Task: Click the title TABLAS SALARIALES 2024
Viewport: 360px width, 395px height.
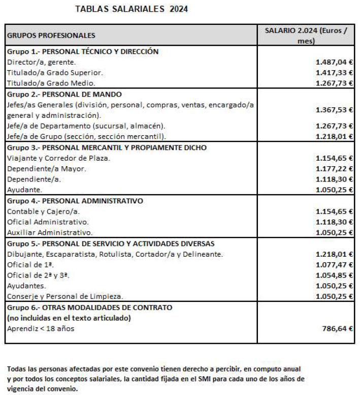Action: pyautogui.click(x=131, y=9)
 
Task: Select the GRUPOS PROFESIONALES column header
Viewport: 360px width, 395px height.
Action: pyautogui.click(x=51, y=36)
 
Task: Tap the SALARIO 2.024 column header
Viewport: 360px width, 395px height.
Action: pyautogui.click(x=306, y=35)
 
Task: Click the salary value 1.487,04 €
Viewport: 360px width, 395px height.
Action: pyautogui.click(x=334, y=62)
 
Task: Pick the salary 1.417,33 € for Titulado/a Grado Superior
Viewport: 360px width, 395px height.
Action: pyautogui.click(x=334, y=72)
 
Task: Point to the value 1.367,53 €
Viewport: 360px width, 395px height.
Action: pyautogui.click(x=334, y=110)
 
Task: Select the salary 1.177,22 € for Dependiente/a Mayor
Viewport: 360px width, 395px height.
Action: pyautogui.click(x=334, y=168)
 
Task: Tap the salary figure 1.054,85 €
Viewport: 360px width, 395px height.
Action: pyautogui.click(x=334, y=275)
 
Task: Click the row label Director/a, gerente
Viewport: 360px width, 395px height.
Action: pyautogui.click(x=41, y=62)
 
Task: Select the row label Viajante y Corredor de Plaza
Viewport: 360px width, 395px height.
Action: pyautogui.click(x=58, y=158)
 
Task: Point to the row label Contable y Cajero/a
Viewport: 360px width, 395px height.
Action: pyautogui.click(x=44, y=211)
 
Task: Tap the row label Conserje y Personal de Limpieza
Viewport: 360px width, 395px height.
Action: pyautogui.click(x=65, y=296)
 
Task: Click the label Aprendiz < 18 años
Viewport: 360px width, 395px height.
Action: pyautogui.click(x=41, y=328)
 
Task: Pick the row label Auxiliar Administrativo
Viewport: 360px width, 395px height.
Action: pyautogui.click(x=49, y=232)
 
